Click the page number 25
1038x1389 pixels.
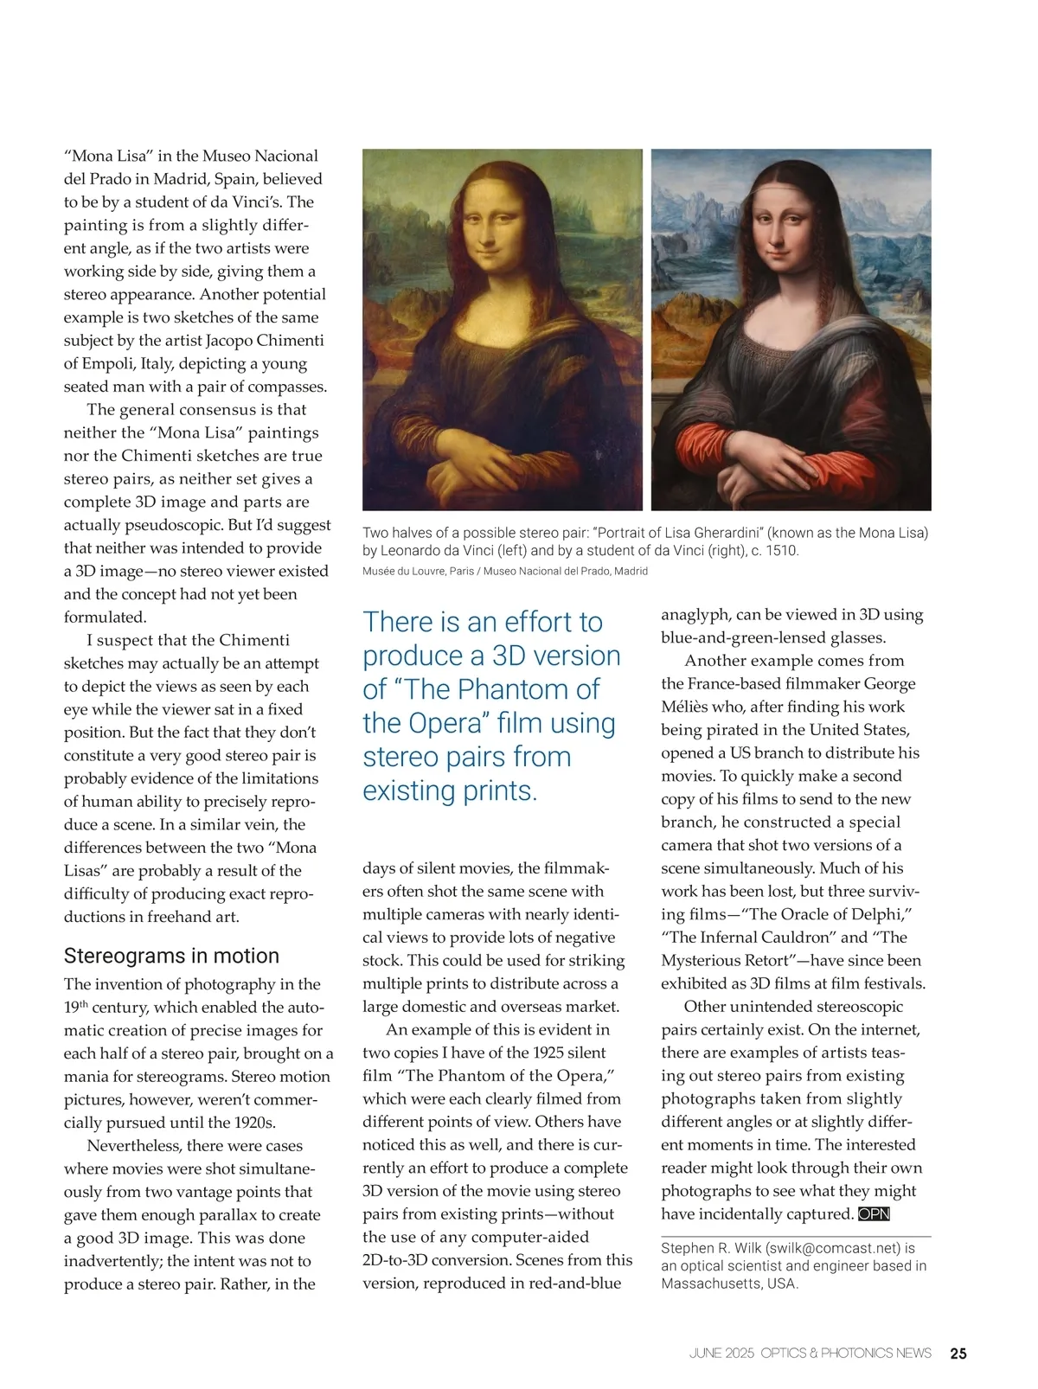click(x=958, y=1354)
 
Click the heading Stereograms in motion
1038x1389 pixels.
click(x=171, y=956)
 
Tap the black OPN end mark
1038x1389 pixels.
click(x=874, y=1214)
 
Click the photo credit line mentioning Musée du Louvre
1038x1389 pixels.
click(x=504, y=571)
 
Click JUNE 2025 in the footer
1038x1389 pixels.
click(x=721, y=1354)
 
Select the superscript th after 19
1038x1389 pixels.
click(x=84, y=1003)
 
